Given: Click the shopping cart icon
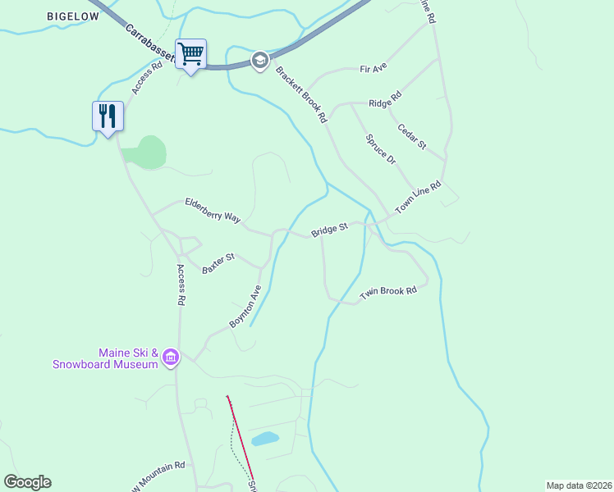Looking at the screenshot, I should (x=190, y=55).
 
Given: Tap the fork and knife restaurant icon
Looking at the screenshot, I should (x=108, y=116).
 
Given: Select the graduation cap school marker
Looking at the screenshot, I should (x=260, y=60).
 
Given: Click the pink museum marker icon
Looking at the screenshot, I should (x=171, y=357).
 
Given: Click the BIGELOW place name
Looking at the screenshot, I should (x=74, y=16).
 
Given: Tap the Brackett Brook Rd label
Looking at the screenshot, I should (x=300, y=95).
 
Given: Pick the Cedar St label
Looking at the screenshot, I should (x=412, y=136).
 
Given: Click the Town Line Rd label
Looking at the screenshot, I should (x=418, y=198).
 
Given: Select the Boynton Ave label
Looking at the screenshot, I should (x=245, y=307).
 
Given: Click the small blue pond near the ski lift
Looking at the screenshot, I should (x=265, y=439).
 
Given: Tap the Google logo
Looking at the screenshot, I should (x=27, y=482).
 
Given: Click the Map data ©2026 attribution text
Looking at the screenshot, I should (x=579, y=485).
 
